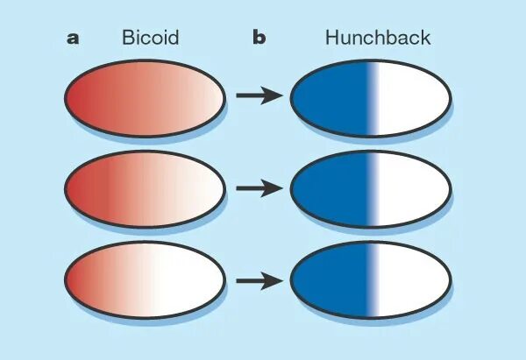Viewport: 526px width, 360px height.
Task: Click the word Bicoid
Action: (150, 38)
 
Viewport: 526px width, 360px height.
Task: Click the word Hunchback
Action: (377, 38)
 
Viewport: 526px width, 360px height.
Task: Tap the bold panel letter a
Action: (73, 38)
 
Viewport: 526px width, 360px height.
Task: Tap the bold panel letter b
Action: (259, 38)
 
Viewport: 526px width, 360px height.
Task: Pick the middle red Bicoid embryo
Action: (146, 189)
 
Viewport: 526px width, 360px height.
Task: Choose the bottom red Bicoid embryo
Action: (146, 281)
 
